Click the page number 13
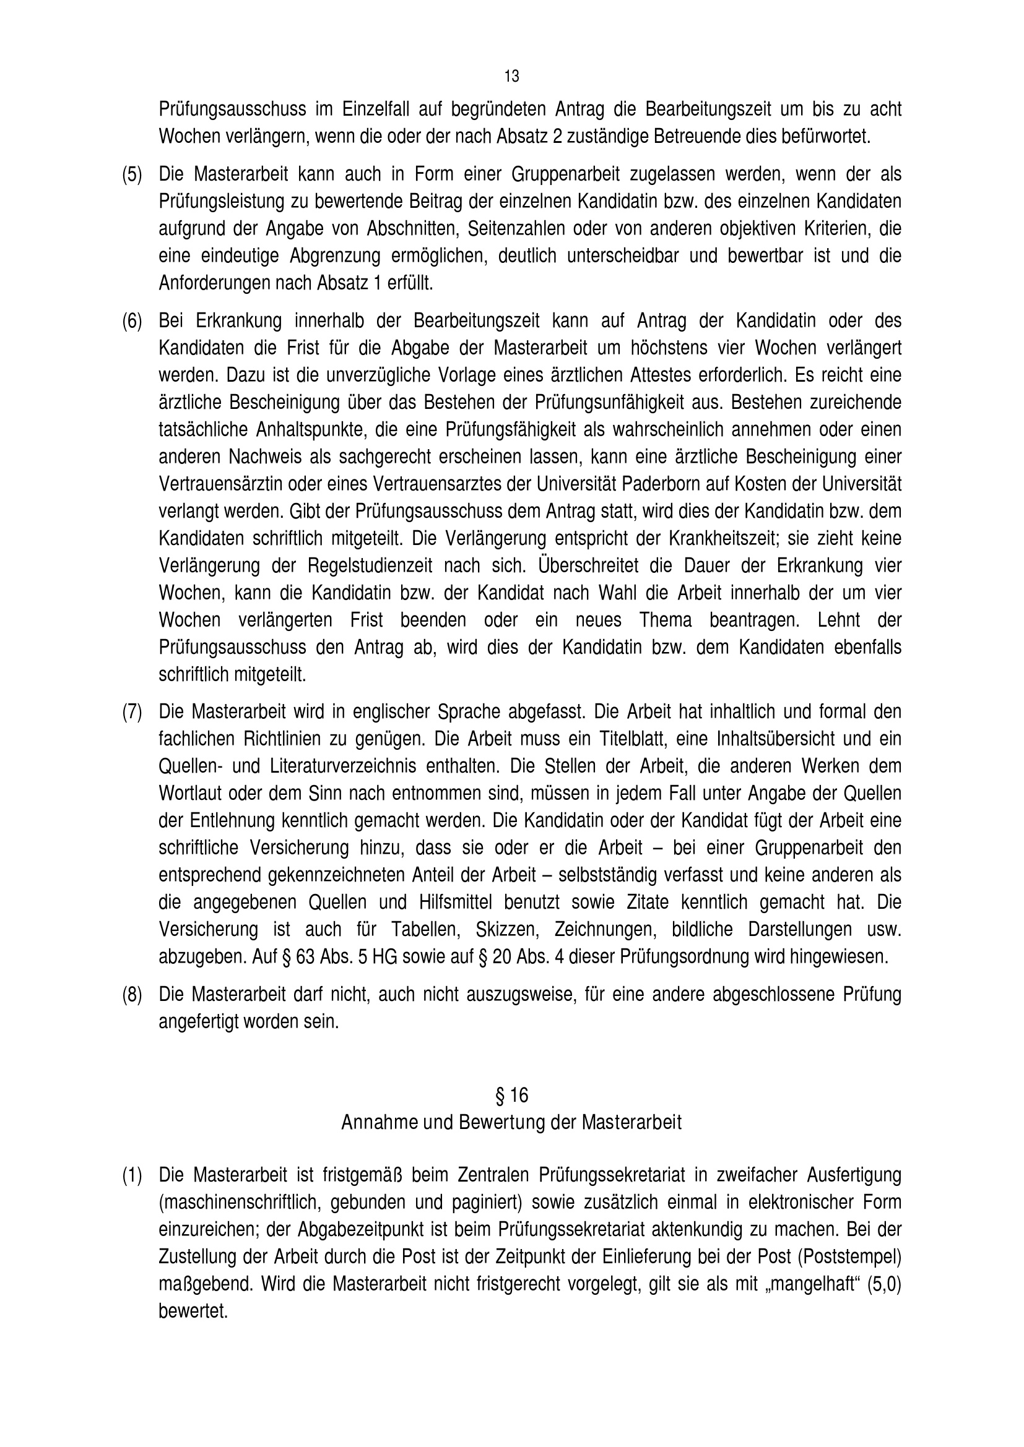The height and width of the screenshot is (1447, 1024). [511, 76]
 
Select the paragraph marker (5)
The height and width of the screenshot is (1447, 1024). [132, 174]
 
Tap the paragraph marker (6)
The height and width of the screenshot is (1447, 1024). [132, 322]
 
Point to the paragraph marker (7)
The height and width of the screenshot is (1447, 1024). [132, 712]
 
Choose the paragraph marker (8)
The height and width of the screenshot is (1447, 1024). [132, 995]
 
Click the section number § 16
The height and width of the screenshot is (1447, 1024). [511, 1096]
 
